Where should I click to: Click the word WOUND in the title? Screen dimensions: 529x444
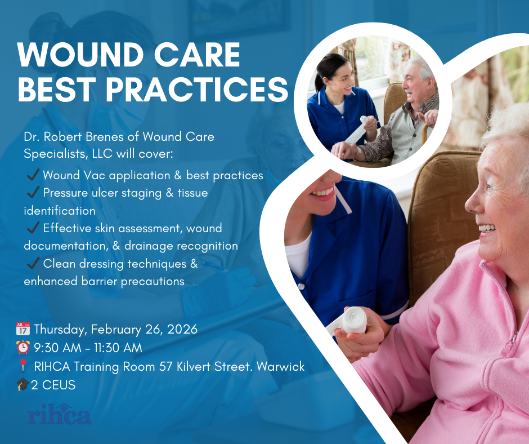tap(80, 55)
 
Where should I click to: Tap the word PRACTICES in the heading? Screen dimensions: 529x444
tap(198, 89)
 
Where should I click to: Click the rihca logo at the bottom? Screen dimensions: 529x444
tap(60, 414)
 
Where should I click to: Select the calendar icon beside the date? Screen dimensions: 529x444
tap(23, 329)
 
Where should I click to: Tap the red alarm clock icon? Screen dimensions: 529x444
tap(23, 347)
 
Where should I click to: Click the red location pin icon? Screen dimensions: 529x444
tap(23, 366)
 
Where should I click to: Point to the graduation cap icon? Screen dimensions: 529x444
tap(23, 384)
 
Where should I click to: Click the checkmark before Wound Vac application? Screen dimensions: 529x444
tap(33, 175)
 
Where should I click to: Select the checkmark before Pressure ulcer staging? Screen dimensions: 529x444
tap(33, 192)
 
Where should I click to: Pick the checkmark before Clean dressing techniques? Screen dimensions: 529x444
tap(33, 263)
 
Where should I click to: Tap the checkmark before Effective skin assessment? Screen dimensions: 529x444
tap(33, 228)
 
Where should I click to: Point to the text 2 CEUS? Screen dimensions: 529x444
tap(53, 385)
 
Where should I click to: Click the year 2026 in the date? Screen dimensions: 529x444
tap(182, 329)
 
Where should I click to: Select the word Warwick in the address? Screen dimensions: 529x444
tap(280, 366)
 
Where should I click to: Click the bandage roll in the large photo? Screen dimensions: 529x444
tap(353, 321)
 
